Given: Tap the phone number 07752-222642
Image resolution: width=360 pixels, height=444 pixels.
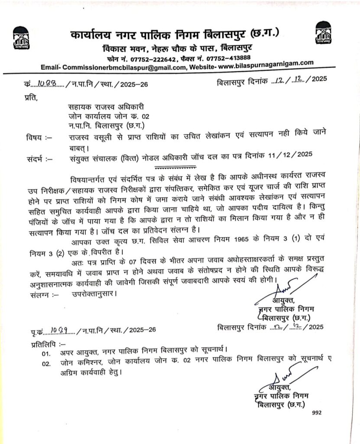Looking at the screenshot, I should click(x=156, y=59).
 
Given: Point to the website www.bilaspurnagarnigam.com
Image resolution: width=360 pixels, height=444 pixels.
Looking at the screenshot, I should click(x=266, y=64).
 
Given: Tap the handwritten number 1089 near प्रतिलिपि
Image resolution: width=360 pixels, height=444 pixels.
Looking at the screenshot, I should click(x=59, y=330).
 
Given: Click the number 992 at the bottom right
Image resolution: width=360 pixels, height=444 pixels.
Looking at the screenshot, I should click(x=316, y=413).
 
